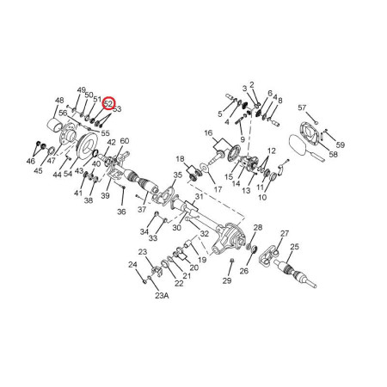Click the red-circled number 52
[108, 103]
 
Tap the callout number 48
[59, 101]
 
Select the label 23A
[162, 296]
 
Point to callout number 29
[227, 280]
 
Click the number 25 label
[294, 247]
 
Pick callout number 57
[302, 107]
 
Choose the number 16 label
[209, 132]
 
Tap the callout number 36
[121, 212]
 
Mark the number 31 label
[200, 196]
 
